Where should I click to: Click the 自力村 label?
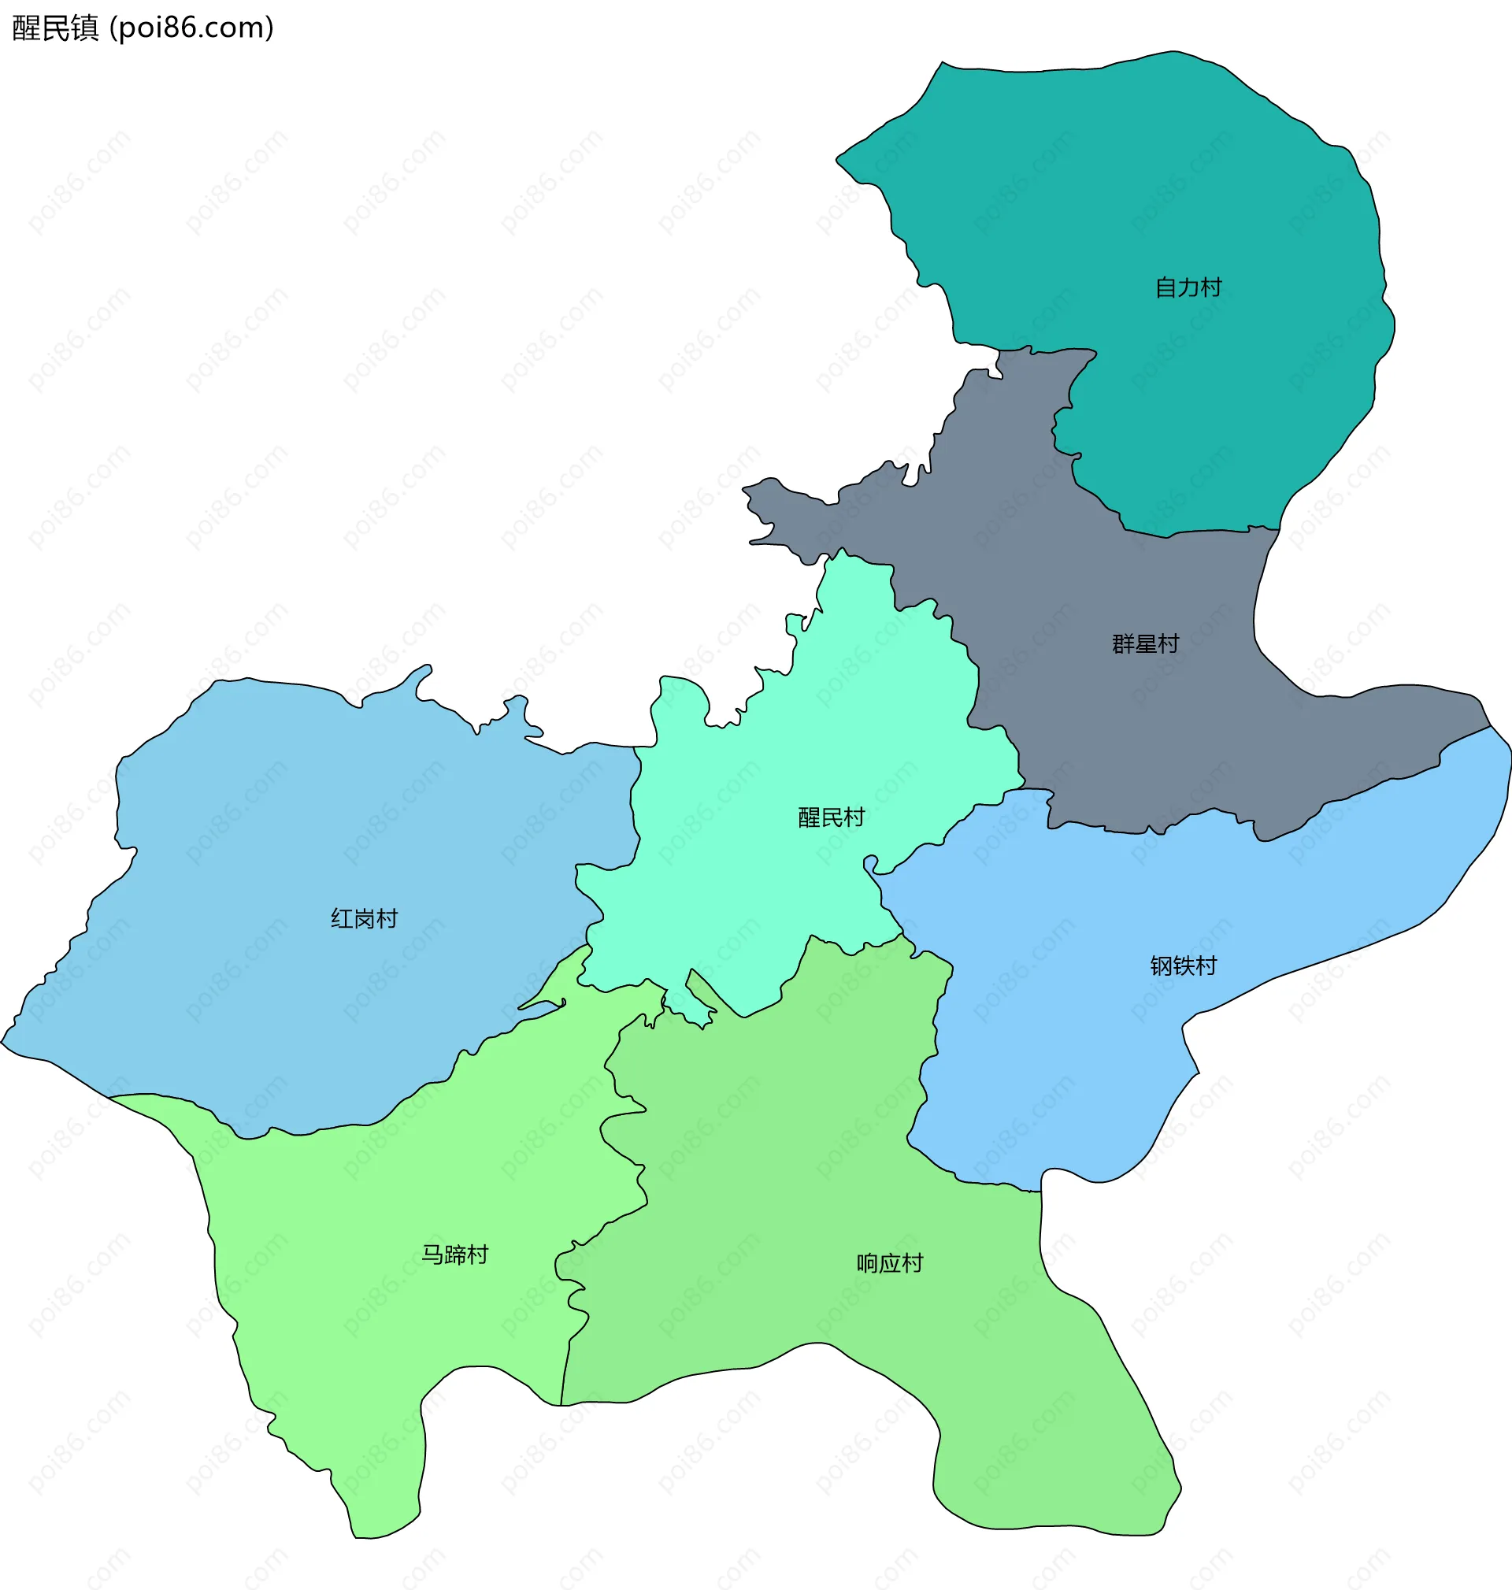pyautogui.click(x=1188, y=287)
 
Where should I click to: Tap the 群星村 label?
pyautogui.click(x=1145, y=644)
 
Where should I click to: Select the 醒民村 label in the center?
pyautogui.click(x=831, y=817)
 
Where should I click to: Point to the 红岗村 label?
pyautogui.click(x=365, y=919)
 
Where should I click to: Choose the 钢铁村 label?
pyautogui.click(x=1183, y=965)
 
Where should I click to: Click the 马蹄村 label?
pyautogui.click(x=454, y=1255)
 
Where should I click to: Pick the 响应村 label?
pyautogui.click(x=890, y=1263)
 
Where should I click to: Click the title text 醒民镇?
pyautogui.click(x=55, y=28)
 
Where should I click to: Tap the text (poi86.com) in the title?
pyautogui.click(x=192, y=28)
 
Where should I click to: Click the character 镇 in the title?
pyautogui.click(x=84, y=28)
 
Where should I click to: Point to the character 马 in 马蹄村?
pyautogui.click(x=433, y=1255)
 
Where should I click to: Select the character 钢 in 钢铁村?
pyautogui.click(x=1162, y=965)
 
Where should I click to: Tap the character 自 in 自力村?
pyautogui.click(x=1165, y=287)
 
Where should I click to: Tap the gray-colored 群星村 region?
pyautogui.click(x=1128, y=725)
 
